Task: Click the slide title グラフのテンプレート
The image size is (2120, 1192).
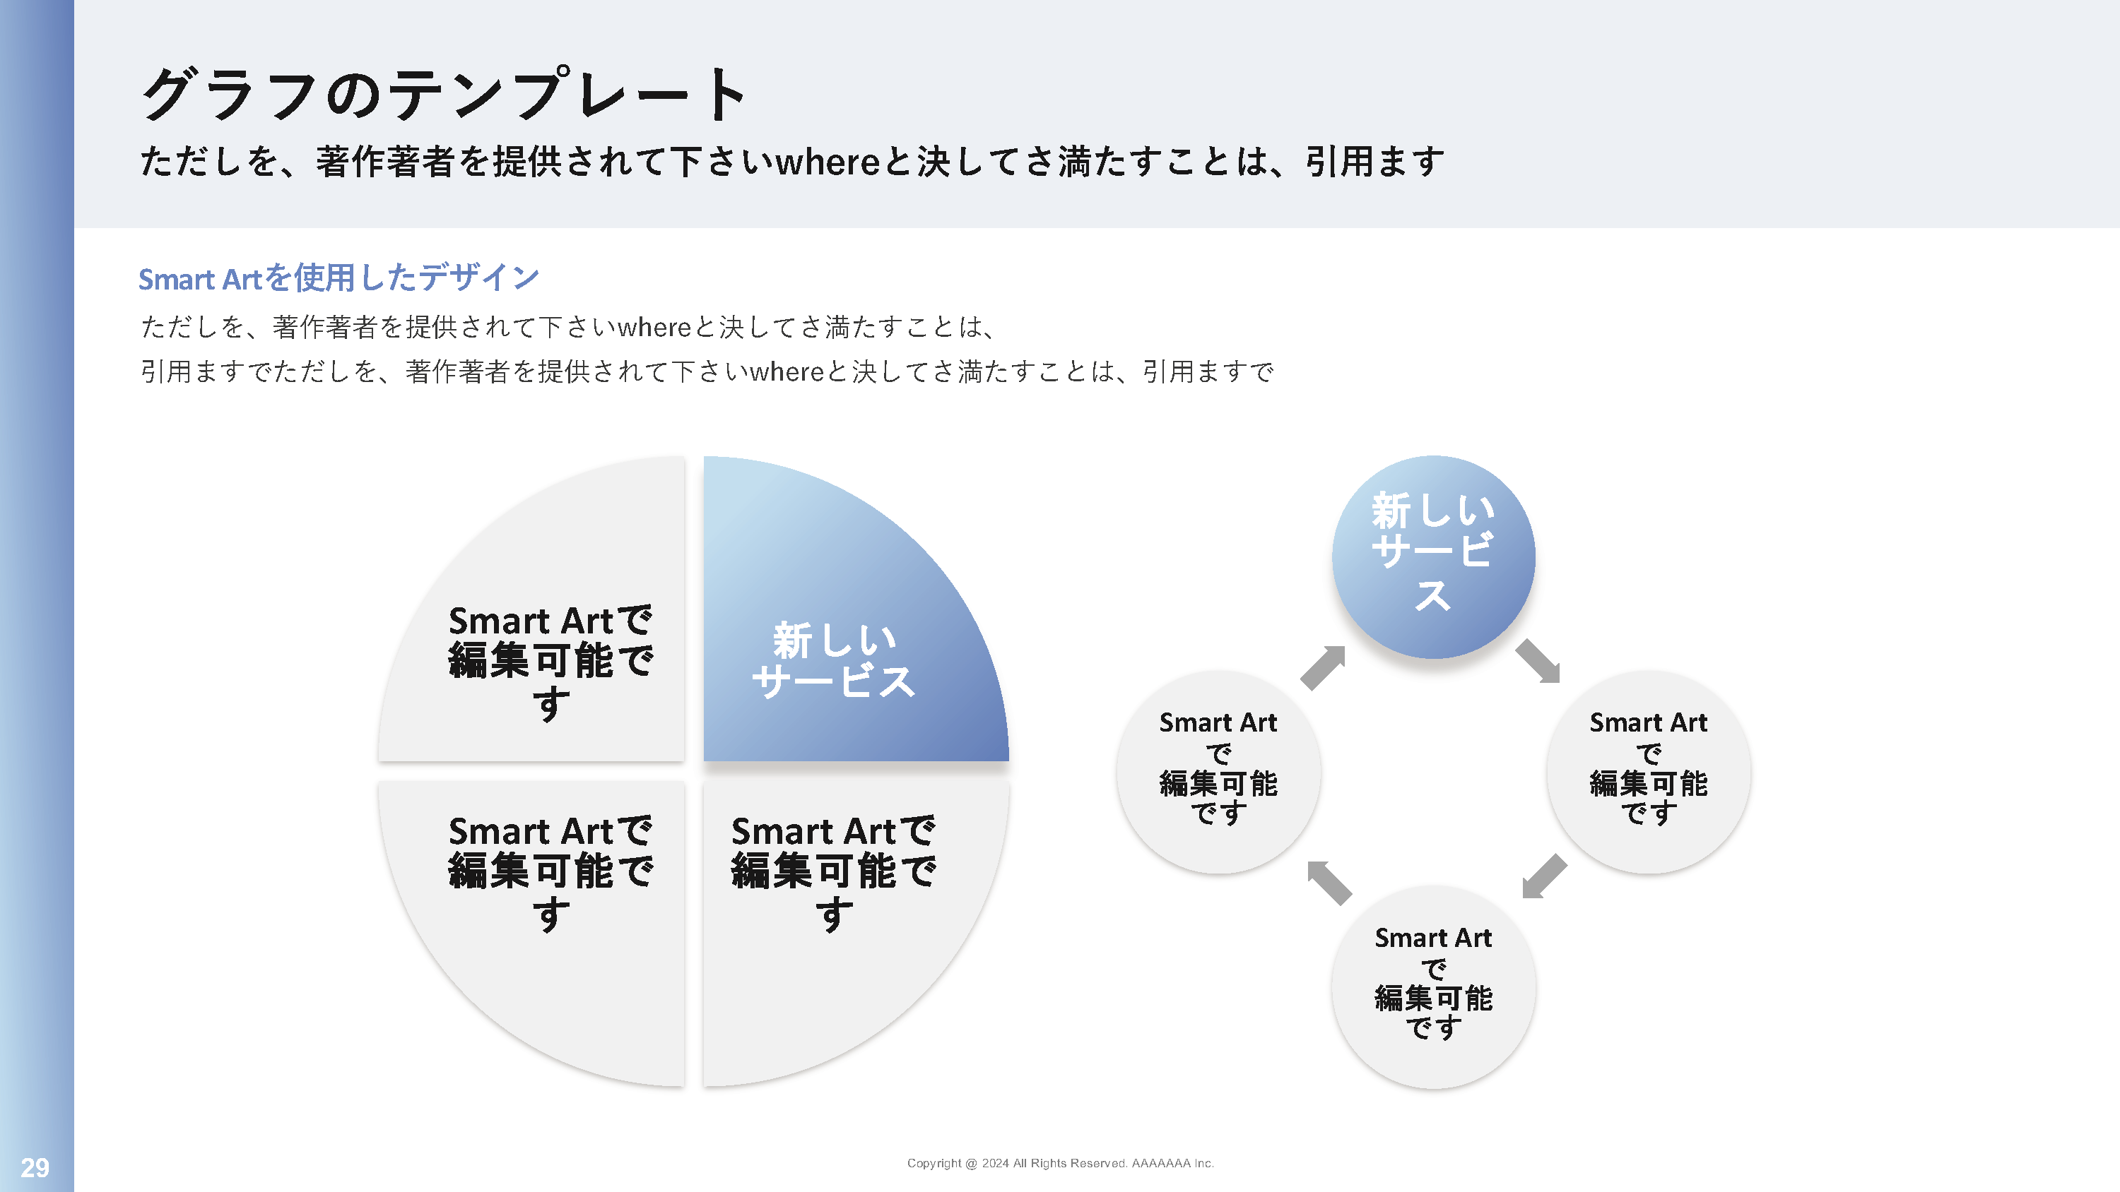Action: click(444, 94)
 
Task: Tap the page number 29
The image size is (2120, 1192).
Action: click(35, 1167)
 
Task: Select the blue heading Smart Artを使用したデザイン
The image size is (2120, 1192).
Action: click(338, 278)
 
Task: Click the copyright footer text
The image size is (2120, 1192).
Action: click(1060, 1163)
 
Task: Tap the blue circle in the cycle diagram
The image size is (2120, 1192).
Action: click(1434, 557)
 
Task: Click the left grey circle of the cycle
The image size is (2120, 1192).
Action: click(1219, 772)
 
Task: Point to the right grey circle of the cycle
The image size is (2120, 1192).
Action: click(1649, 772)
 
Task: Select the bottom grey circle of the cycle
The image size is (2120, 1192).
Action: click(1434, 987)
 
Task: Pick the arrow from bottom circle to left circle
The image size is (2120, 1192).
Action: click(1329, 883)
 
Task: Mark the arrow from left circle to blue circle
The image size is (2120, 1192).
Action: click(1324, 667)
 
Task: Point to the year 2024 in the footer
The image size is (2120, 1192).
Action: click(995, 1163)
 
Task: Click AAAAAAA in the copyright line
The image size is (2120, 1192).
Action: click(1160, 1163)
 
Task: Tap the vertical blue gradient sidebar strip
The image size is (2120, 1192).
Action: click(37, 576)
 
